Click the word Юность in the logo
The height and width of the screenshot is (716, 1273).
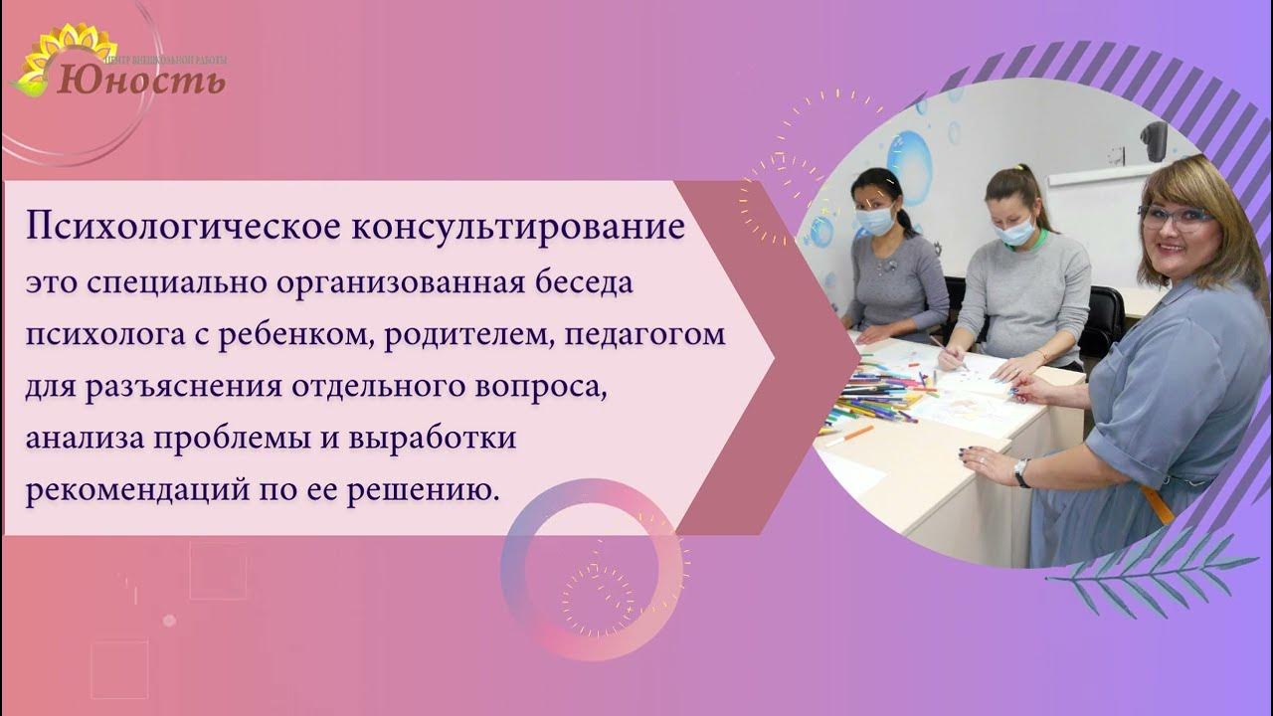(x=141, y=79)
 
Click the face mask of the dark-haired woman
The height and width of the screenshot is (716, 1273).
(x=875, y=220)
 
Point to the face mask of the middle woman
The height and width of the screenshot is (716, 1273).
(x=1015, y=231)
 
